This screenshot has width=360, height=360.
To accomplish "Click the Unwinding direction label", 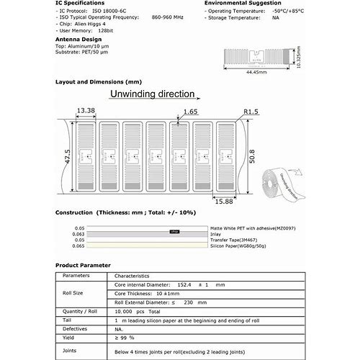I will tap(151, 94).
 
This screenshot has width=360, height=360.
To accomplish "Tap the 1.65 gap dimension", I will tap(190, 112).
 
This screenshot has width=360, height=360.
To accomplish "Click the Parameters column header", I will tap(76, 276).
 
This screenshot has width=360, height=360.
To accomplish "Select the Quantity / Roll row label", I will tap(80, 310).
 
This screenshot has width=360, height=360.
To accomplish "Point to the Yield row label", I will tap(69, 337).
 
